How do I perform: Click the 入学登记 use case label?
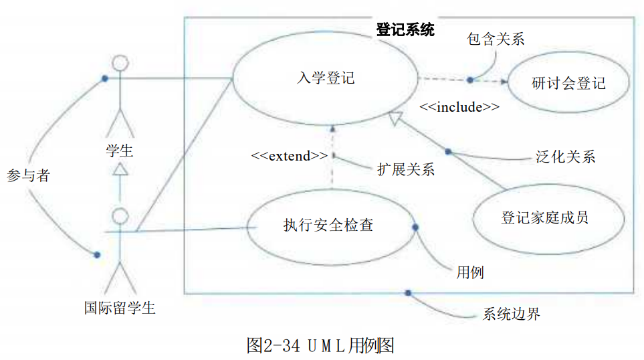326,78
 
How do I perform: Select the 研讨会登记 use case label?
568,84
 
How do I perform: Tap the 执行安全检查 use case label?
328,225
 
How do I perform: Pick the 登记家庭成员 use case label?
544,217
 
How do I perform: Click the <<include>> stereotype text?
459,107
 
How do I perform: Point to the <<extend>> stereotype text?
290,156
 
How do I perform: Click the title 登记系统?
405,29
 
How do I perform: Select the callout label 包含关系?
496,39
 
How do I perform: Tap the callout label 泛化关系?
566,157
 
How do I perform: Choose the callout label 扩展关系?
406,169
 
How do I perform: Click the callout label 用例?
470,272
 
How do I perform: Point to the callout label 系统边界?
512,314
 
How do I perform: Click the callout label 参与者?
28,175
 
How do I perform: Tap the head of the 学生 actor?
120,63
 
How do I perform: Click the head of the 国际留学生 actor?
120,216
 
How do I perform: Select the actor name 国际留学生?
120,308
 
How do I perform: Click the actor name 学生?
120,151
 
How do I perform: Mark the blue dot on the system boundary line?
408,293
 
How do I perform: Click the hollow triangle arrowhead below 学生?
120,169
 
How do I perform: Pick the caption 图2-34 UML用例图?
320,345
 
